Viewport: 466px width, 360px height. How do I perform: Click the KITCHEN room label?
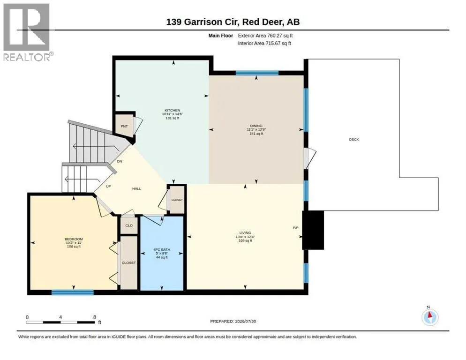[173, 110]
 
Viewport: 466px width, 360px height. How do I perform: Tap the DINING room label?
[256, 126]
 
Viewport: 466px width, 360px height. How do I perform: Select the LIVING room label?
[245, 233]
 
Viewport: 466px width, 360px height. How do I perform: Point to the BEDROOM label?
[74, 239]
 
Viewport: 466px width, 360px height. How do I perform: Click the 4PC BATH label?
[162, 249]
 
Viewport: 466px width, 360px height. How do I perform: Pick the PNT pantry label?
[124, 126]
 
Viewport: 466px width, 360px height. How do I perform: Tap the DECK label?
[354, 139]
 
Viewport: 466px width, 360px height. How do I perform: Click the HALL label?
[137, 188]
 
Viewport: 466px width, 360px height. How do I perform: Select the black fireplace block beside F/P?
[313, 230]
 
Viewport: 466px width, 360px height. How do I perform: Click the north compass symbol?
[430, 317]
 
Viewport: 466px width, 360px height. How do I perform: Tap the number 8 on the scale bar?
[95, 317]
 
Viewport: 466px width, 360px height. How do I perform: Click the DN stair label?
[120, 161]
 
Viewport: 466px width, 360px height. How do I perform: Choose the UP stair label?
[108, 187]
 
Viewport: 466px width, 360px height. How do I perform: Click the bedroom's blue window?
[73, 292]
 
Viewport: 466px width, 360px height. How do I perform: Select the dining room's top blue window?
[257, 73]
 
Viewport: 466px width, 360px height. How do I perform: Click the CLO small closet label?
[129, 225]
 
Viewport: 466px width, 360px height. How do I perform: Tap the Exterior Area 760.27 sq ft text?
[265, 36]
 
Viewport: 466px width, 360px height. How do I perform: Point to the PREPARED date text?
[233, 321]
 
